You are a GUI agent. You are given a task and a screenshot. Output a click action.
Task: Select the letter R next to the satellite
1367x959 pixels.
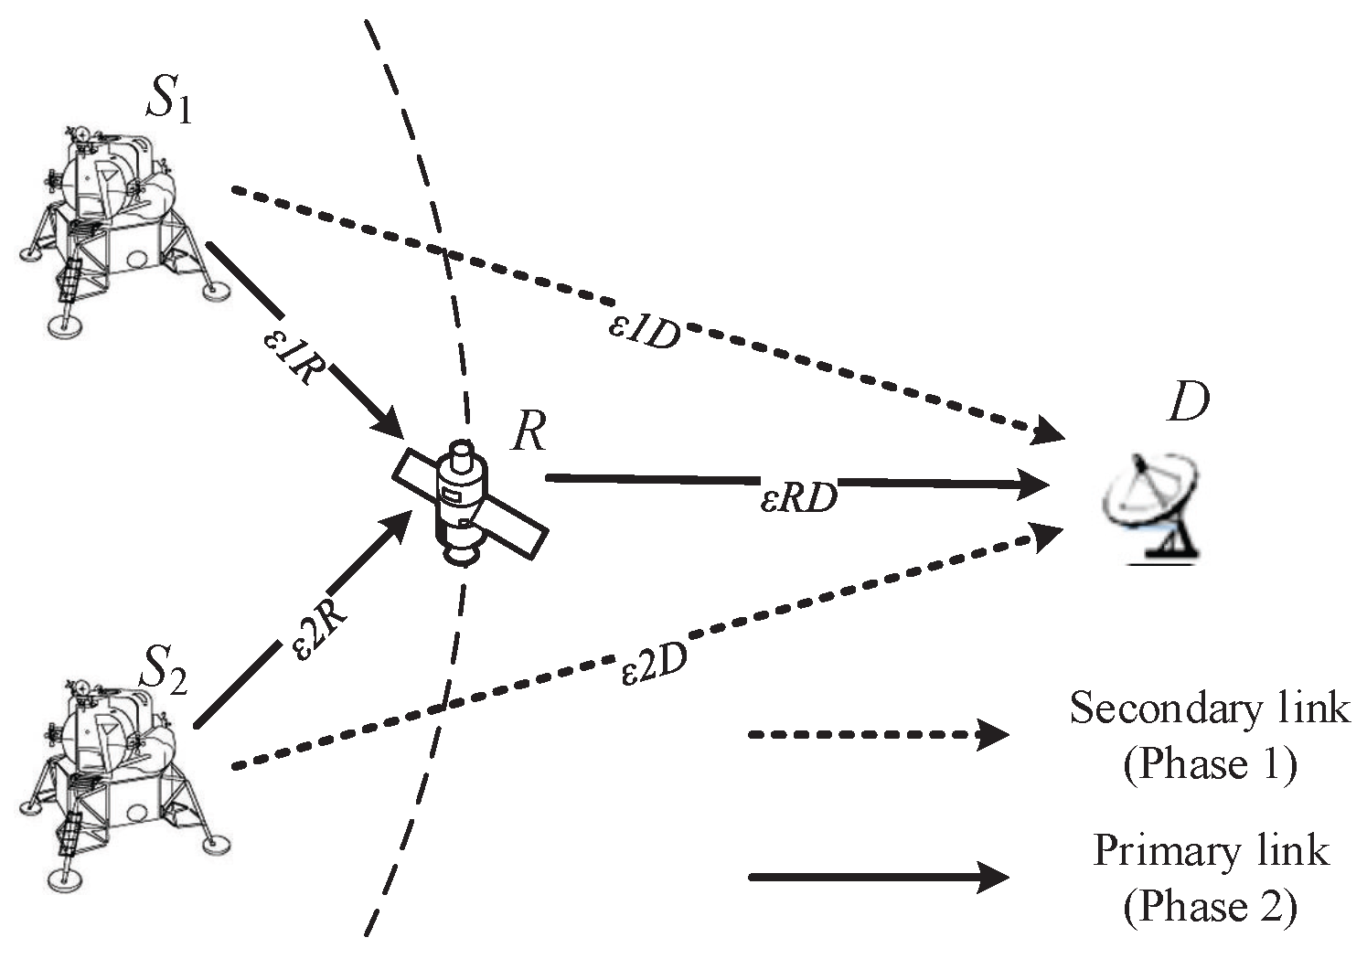pos(528,432)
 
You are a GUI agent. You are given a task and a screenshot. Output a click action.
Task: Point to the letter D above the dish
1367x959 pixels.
pos(1188,403)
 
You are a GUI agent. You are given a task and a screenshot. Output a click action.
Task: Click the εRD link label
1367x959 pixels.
pos(798,497)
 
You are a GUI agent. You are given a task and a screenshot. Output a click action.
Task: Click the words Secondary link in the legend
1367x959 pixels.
pos(1209,709)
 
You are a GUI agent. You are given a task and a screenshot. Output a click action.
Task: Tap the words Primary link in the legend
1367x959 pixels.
pos(1211,851)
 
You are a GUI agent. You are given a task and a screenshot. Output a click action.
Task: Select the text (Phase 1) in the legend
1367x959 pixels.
pos(1209,764)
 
